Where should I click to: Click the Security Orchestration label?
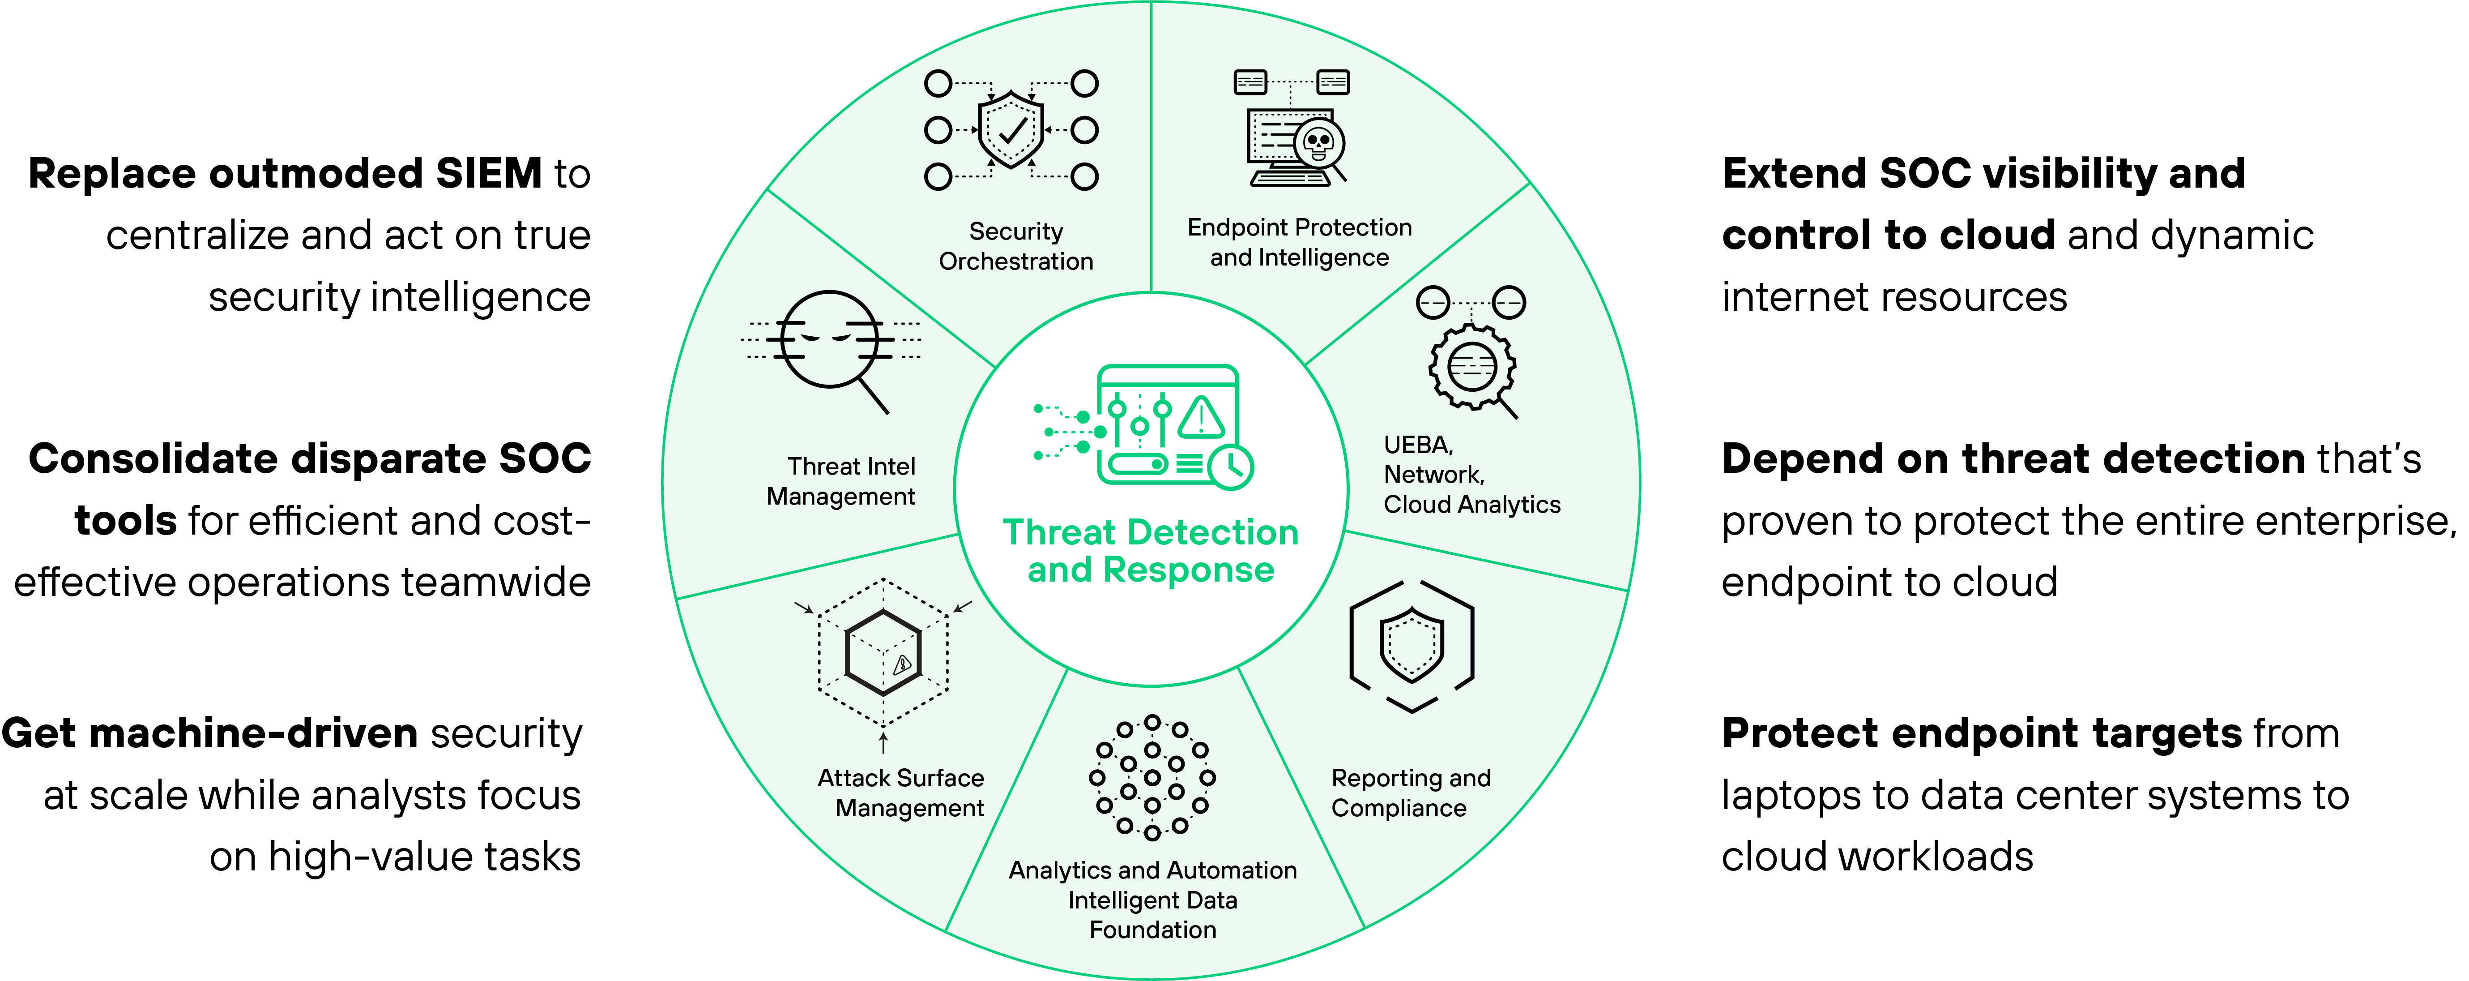click(1016, 246)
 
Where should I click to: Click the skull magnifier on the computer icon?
click(1320, 144)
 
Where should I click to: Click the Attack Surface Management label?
click(901, 793)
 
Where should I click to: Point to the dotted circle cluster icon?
click(1152, 777)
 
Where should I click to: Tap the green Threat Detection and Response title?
click(1150, 550)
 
